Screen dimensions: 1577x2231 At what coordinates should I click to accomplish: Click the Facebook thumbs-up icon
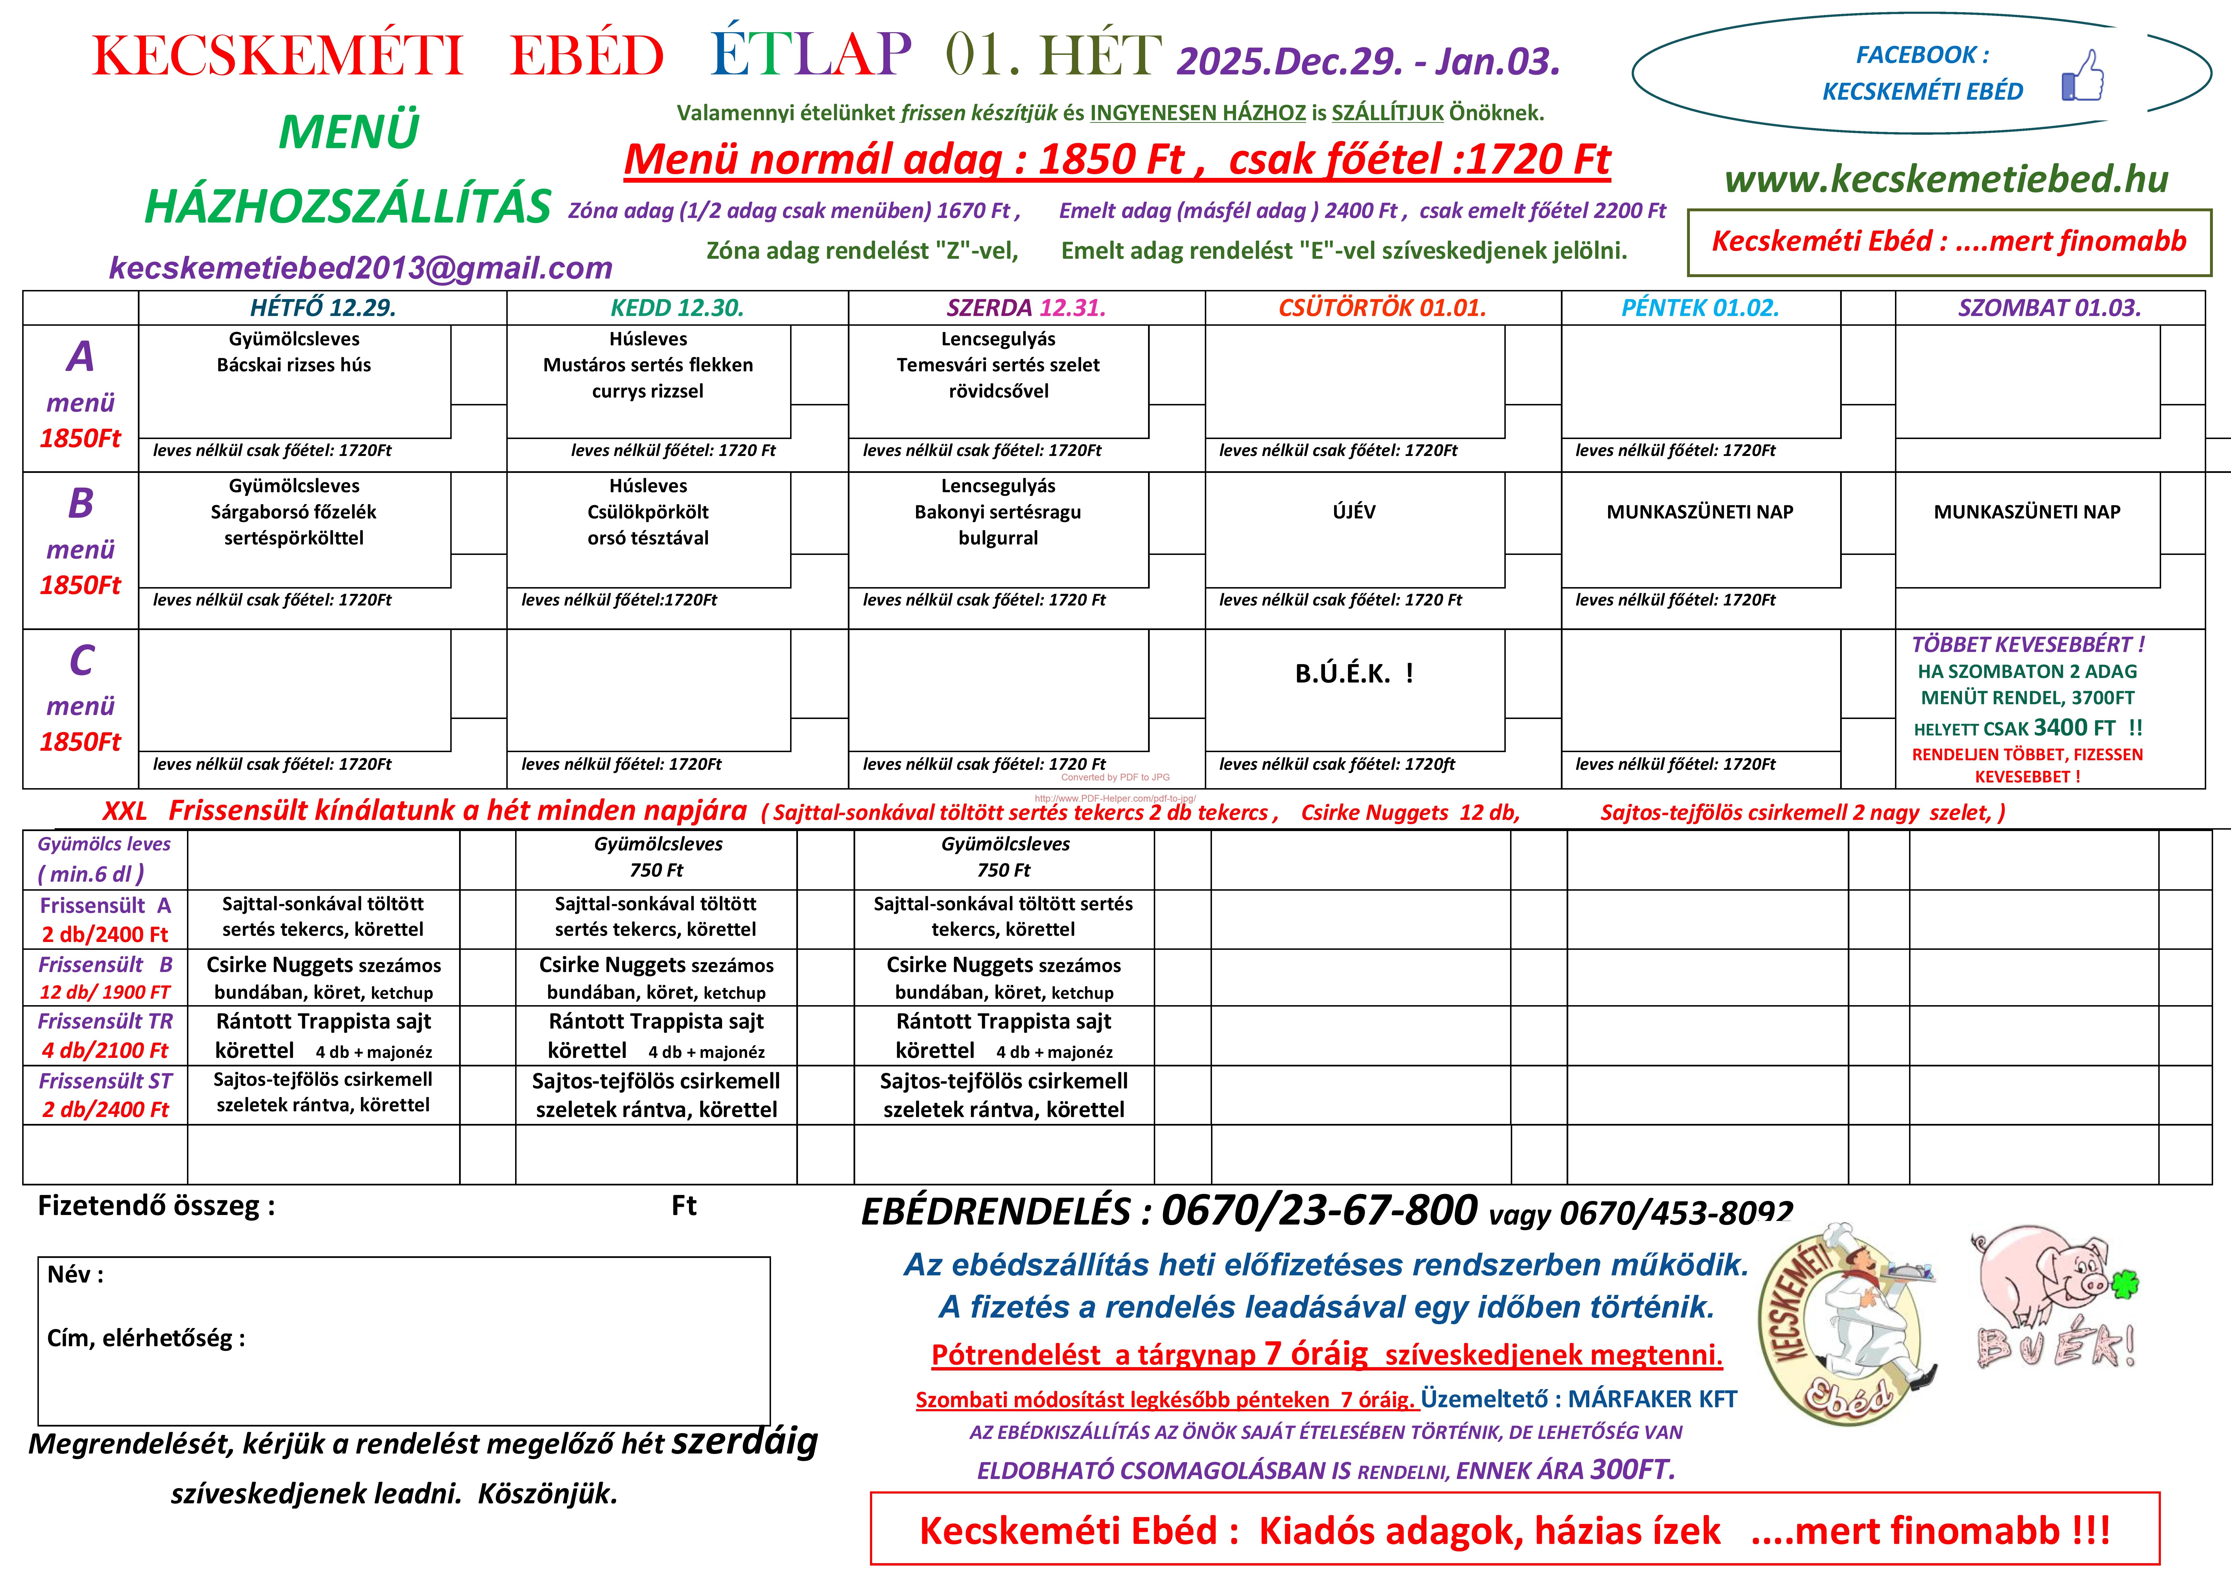click(2082, 77)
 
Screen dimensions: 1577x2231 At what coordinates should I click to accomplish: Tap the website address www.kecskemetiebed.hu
click(1946, 179)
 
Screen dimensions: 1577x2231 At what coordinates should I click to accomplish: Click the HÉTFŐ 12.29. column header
click(323, 308)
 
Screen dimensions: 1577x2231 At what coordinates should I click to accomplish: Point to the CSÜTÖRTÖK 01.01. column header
click(1382, 308)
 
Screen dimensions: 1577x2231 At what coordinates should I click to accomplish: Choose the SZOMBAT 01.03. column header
click(2049, 308)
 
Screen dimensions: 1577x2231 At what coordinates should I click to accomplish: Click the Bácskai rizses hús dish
click(293, 365)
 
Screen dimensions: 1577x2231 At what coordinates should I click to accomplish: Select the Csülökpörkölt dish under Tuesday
click(648, 512)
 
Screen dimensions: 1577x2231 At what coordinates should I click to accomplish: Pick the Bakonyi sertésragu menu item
click(998, 512)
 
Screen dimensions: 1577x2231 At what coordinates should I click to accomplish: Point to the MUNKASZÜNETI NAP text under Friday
click(1699, 512)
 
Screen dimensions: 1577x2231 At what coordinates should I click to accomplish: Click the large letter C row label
click(82, 661)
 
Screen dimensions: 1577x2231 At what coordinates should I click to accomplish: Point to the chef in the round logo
click(1856, 1312)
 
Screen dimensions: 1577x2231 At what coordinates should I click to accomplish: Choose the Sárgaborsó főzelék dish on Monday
click(293, 512)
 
